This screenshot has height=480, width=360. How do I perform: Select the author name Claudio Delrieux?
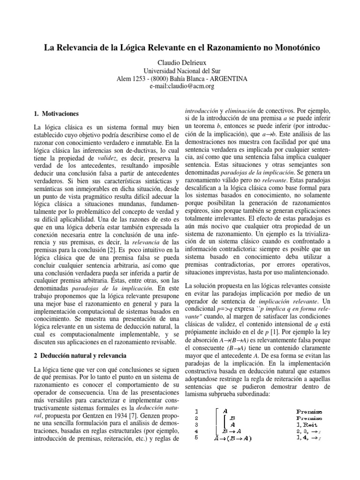(x=180, y=63)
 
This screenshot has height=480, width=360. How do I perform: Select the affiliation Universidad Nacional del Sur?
(x=180, y=71)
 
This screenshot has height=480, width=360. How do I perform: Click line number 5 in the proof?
(x=197, y=438)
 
